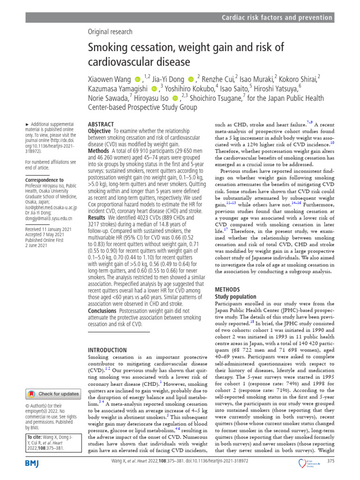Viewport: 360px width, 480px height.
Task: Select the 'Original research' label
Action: (x=110, y=32)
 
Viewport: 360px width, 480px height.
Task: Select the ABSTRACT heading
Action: (x=101, y=124)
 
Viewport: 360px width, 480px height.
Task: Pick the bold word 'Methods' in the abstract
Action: (x=99, y=151)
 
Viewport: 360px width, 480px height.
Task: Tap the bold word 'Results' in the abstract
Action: (x=97, y=218)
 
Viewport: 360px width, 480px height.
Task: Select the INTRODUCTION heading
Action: (x=107, y=350)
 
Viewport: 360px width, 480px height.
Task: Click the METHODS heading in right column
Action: (x=227, y=290)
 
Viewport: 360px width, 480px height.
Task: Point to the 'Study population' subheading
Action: (x=235, y=297)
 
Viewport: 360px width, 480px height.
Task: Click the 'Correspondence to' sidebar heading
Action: (x=45, y=180)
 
